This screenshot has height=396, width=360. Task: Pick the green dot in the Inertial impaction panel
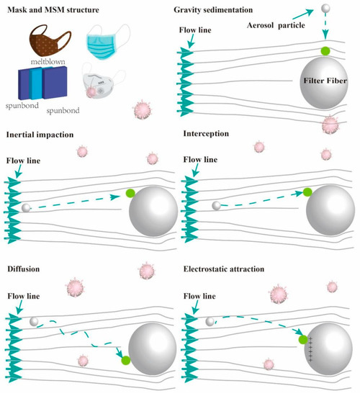(x=130, y=192)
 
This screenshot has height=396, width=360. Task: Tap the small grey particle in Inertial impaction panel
(x=27, y=208)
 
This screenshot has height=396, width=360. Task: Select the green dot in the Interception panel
(x=307, y=192)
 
